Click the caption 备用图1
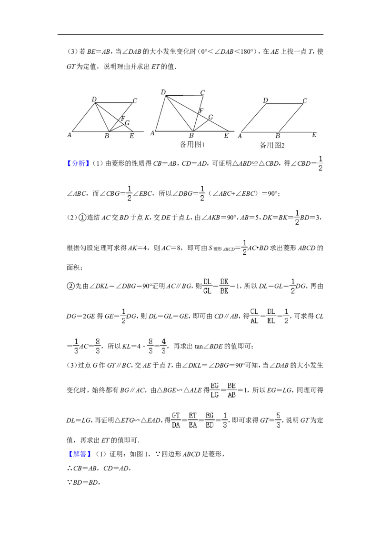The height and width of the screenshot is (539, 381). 192,144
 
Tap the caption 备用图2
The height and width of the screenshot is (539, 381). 272,145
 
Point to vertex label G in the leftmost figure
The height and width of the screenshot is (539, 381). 127,123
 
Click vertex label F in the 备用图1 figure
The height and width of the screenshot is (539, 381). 201,110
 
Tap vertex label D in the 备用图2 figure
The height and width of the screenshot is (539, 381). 265,100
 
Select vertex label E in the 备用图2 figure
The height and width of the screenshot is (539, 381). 314,135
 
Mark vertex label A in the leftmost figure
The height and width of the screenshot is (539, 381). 69,135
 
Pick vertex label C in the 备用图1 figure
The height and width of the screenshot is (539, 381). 202,92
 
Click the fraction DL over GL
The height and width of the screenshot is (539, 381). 207,286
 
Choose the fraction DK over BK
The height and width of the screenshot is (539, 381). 224,286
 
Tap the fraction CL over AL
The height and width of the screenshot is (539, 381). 254,316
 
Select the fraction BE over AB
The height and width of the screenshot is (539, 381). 231,390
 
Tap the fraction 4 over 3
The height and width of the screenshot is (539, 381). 163,346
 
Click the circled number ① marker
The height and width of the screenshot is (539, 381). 82,218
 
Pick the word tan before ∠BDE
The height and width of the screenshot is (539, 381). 199,347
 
